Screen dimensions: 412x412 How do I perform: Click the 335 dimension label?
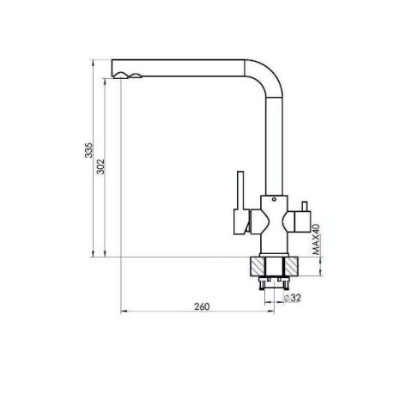(x=89, y=150)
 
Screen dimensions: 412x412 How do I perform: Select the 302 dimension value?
(x=101, y=167)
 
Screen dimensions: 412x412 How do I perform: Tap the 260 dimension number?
(x=202, y=306)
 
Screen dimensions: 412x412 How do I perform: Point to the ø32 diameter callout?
(x=292, y=298)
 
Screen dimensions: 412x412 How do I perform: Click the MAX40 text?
(x=316, y=239)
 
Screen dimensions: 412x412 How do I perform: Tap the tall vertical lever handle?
(x=240, y=191)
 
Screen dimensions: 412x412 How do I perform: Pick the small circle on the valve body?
(x=274, y=199)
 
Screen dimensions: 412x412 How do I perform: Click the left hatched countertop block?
(x=257, y=266)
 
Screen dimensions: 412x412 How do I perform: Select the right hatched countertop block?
(x=291, y=266)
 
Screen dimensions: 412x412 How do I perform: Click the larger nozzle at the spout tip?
(x=120, y=76)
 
